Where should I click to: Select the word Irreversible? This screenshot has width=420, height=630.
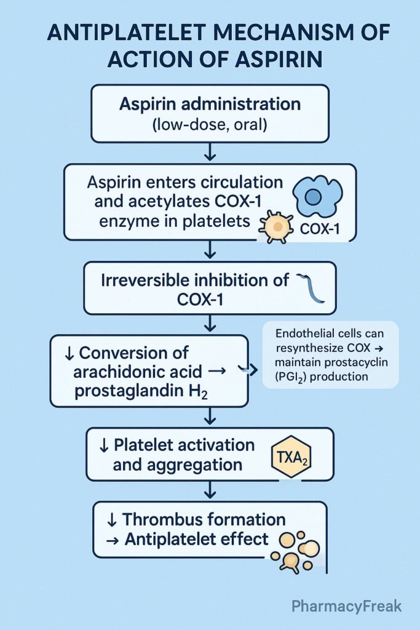point(148,280)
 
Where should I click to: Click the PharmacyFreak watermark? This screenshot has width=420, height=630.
point(346,606)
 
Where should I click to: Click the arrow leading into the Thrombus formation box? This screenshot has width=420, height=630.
point(210,491)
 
